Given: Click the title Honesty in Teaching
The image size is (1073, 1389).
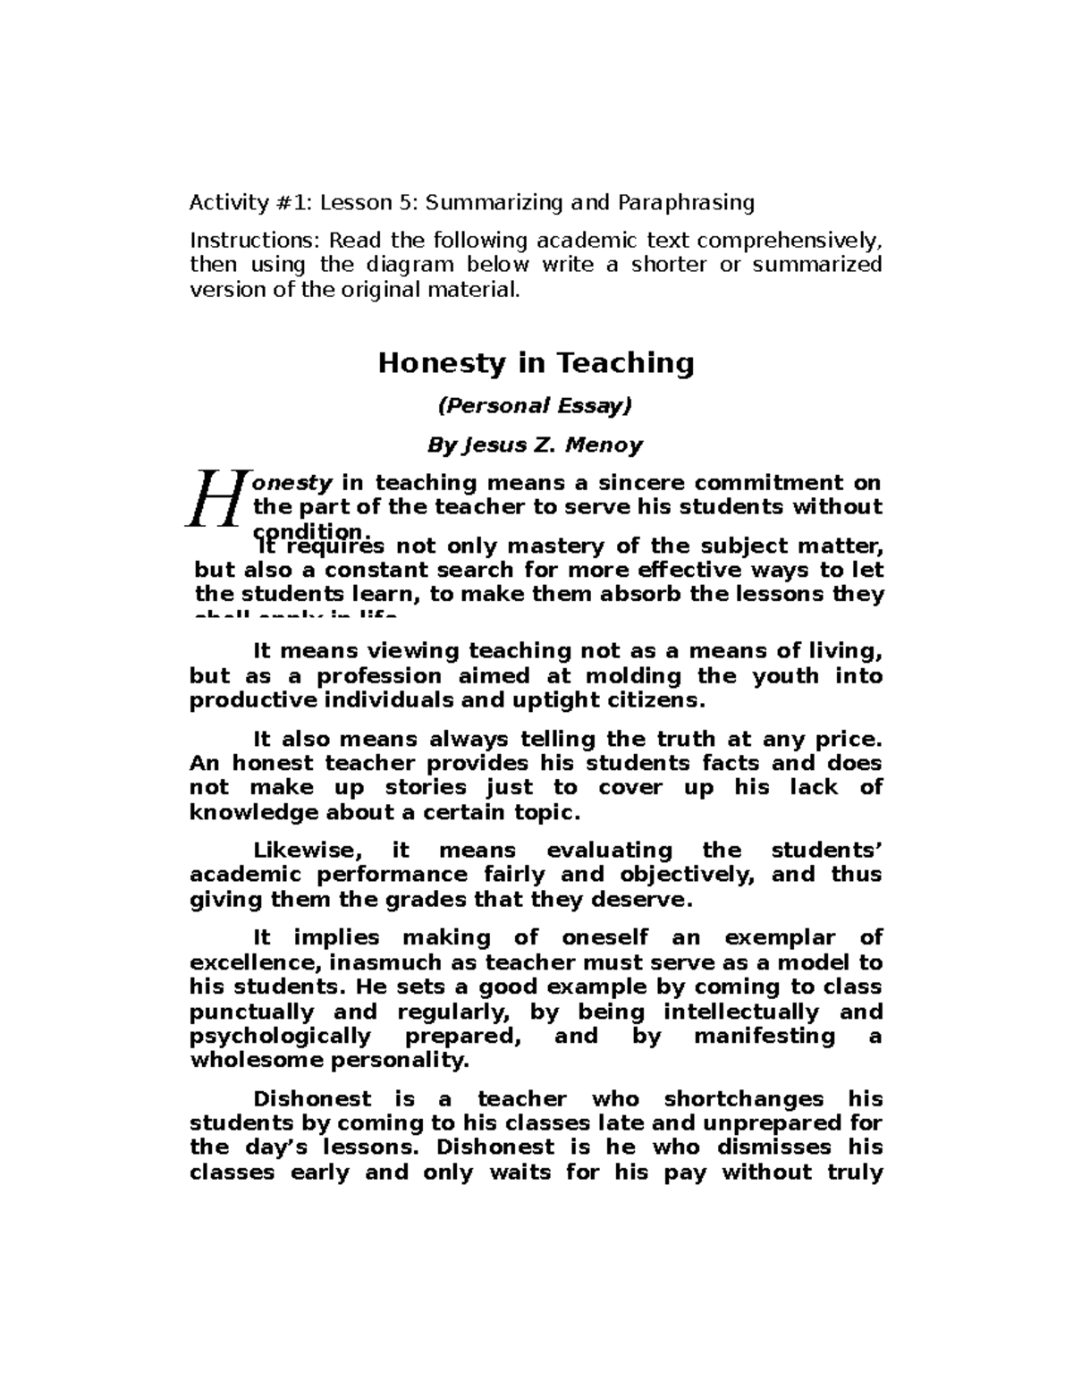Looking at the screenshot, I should (x=536, y=363).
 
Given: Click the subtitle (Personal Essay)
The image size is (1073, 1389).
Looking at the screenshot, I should (x=535, y=406).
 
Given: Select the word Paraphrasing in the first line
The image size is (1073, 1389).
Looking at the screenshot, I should (x=684, y=203).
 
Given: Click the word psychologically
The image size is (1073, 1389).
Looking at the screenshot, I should (x=280, y=1036).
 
